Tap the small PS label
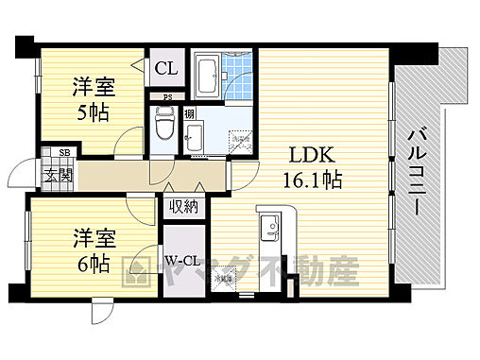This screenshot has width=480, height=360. click(x=167, y=94)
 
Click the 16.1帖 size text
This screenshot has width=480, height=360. click(x=309, y=179)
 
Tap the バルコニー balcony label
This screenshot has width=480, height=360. click(x=416, y=176)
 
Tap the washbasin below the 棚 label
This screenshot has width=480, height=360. click(x=193, y=138)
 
